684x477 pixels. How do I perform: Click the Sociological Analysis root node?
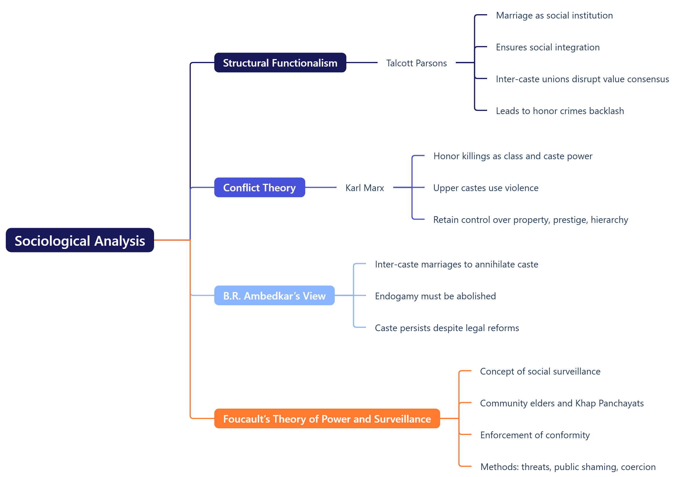click(80, 240)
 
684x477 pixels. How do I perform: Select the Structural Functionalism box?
click(280, 63)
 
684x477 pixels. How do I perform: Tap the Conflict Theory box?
click(259, 187)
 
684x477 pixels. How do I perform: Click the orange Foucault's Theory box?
click(327, 418)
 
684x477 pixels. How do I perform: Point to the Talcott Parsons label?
click(416, 63)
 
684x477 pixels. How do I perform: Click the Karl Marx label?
click(365, 188)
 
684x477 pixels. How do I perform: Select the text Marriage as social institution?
click(554, 15)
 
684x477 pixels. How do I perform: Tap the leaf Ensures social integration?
click(548, 47)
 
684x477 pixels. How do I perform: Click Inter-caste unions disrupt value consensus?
click(582, 79)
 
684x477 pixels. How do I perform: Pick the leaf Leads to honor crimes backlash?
click(560, 111)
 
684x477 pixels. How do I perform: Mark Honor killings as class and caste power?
click(513, 156)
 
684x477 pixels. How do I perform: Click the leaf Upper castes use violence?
click(486, 188)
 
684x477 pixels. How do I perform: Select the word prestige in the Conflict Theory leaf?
click(570, 220)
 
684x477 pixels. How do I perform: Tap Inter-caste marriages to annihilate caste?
click(456, 264)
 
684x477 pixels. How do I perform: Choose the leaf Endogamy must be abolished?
click(435, 296)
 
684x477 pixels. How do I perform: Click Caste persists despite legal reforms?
click(447, 328)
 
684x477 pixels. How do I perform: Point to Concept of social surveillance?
click(540, 371)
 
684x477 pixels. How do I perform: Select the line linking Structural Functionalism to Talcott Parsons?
click(362, 63)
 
